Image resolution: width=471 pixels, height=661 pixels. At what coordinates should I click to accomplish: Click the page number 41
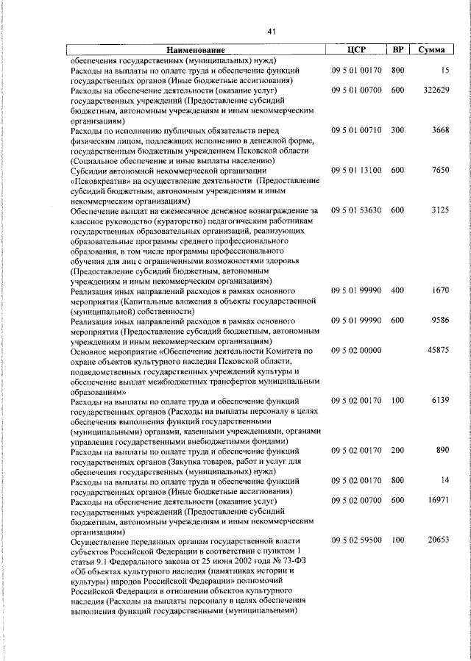tap(271, 32)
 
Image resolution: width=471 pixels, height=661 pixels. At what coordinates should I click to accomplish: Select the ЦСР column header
tap(356, 49)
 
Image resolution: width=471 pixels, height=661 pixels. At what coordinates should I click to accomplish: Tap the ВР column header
tap(397, 49)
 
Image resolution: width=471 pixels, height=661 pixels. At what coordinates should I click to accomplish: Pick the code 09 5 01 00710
tap(356, 130)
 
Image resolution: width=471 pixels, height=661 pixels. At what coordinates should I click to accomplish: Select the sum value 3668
tap(440, 130)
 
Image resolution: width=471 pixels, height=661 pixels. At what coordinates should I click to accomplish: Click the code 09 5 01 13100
tap(356, 170)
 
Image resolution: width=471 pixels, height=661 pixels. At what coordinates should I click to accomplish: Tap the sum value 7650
tap(440, 170)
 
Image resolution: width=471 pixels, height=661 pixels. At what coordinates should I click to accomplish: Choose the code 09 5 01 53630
tap(356, 210)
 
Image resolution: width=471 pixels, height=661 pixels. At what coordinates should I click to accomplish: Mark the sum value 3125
tap(440, 210)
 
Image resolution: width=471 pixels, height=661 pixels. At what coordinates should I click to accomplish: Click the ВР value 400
tap(397, 290)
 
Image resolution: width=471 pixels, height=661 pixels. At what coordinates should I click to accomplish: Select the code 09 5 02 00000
tap(356, 351)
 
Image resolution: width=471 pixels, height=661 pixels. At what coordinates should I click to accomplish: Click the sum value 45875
tap(438, 351)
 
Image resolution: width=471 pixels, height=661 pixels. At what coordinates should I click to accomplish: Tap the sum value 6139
tap(440, 400)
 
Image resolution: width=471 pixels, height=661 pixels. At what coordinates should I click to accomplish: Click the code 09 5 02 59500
tap(356, 540)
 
